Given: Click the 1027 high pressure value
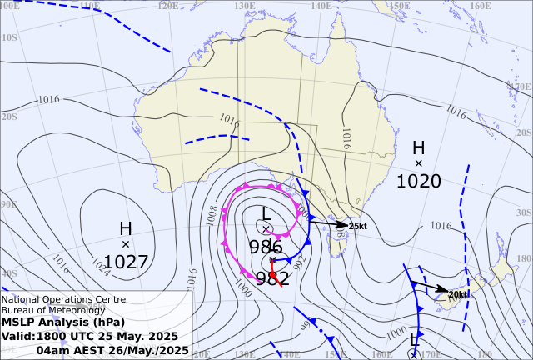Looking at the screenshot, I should [x=126, y=262].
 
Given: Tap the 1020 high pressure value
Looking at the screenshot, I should [x=418, y=181].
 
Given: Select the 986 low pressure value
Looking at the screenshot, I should [x=266, y=246].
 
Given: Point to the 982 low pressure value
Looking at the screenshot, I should [x=272, y=278].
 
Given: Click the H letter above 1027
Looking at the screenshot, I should [x=126, y=228].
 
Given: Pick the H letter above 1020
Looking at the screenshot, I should [x=418, y=147].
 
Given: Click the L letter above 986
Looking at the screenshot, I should [x=266, y=213].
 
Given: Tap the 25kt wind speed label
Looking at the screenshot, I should [x=358, y=226].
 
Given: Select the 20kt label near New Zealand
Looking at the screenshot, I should [x=458, y=294].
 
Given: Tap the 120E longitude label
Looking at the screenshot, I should [x=167, y=6].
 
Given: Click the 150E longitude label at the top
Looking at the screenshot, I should [x=399, y=6].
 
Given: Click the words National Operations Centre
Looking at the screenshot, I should [x=63, y=299].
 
